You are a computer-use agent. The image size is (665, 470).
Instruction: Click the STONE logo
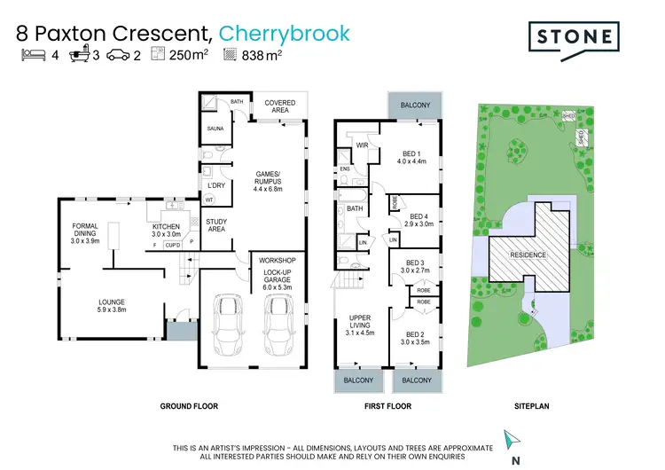(x=573, y=37)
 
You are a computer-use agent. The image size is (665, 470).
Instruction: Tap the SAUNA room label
(x=215, y=129)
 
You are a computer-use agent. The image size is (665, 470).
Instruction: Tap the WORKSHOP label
(x=274, y=261)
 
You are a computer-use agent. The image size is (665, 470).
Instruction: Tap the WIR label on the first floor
(x=362, y=145)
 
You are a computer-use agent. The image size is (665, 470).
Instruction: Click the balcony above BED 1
(x=414, y=105)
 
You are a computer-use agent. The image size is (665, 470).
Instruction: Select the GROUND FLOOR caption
(x=189, y=406)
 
